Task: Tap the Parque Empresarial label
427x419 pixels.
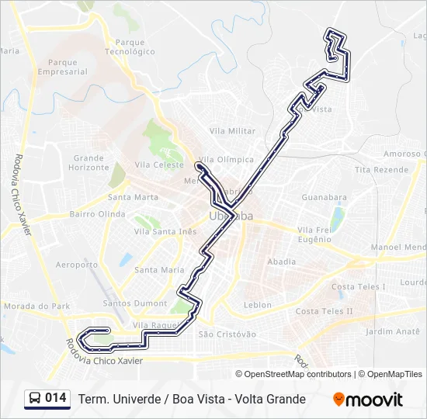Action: click(68, 67)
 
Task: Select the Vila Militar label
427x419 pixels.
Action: click(232, 131)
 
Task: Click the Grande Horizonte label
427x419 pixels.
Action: click(89, 163)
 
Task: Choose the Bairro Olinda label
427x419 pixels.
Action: click(97, 214)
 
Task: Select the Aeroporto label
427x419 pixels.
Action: click(77, 265)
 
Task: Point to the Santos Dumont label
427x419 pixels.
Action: click(135, 303)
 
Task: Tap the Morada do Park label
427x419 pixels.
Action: click(36, 306)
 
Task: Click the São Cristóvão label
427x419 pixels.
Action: click(227, 334)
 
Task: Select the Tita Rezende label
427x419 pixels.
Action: click(381, 170)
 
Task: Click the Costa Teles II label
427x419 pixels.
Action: click(325, 312)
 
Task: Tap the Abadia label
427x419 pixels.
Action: click(281, 262)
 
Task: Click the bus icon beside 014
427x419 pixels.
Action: click(35, 399)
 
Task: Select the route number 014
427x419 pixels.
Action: click(56, 398)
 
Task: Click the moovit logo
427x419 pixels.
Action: click(368, 400)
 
